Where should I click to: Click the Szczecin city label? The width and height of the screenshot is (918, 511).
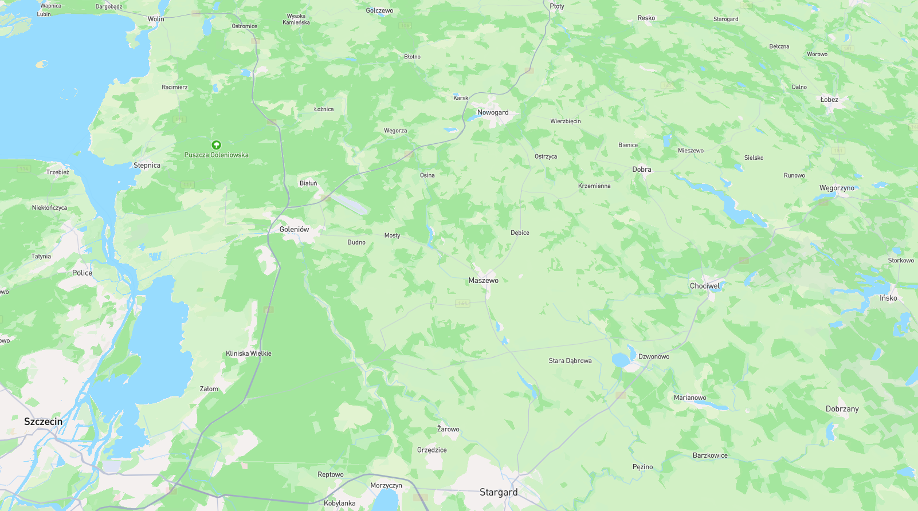click(x=44, y=422)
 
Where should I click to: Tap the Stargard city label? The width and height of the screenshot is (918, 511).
click(x=499, y=492)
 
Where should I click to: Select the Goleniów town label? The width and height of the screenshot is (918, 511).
click(x=294, y=229)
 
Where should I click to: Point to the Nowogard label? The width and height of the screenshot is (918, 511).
click(x=493, y=112)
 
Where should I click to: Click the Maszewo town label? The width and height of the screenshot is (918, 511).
click(x=483, y=280)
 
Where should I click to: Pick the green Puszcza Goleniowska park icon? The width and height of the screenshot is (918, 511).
click(x=216, y=145)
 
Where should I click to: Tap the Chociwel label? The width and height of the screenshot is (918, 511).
click(x=704, y=286)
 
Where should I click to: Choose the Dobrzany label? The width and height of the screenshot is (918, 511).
click(x=842, y=409)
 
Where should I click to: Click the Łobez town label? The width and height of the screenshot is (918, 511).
click(x=829, y=100)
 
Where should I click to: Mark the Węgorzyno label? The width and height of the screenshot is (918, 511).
click(x=837, y=188)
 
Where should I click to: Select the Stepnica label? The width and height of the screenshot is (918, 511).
click(x=147, y=165)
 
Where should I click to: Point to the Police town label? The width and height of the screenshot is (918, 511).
click(x=82, y=273)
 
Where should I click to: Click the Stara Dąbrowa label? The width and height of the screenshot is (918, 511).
click(x=570, y=361)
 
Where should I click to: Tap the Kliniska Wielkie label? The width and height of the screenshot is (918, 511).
click(x=248, y=353)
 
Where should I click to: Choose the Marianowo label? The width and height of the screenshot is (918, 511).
click(x=689, y=398)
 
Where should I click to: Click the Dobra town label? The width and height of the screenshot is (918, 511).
click(x=641, y=170)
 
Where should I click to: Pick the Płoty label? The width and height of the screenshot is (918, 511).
click(x=556, y=6)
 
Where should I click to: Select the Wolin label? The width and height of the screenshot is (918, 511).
click(x=155, y=19)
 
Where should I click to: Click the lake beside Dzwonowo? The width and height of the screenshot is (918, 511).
click(x=620, y=360)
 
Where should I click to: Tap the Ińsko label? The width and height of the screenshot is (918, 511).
click(x=888, y=298)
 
